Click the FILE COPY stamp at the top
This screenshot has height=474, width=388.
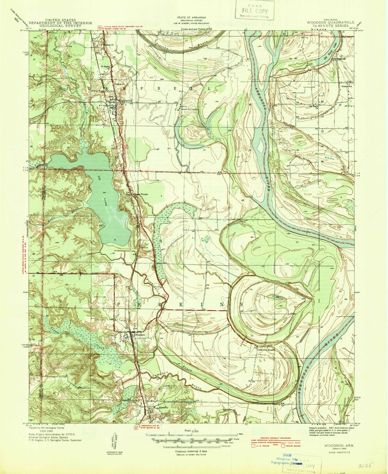click(x=255, y=12)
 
